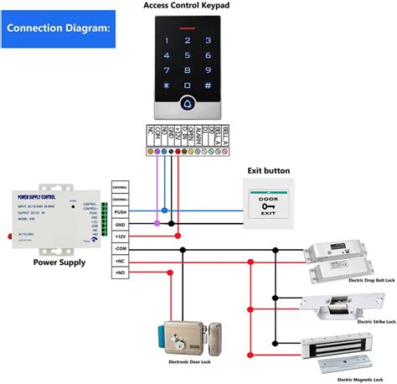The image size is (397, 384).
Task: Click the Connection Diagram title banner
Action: pos(56,27)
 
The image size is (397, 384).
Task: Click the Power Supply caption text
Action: pos(59,262)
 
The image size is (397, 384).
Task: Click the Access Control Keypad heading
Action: pos(198,6)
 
